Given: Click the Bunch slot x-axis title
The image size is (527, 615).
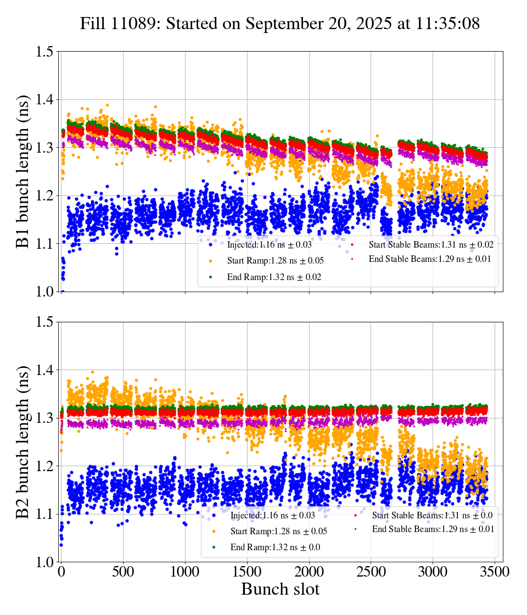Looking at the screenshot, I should (x=280, y=590).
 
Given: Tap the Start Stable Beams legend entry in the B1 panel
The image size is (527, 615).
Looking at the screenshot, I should (x=422, y=244).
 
